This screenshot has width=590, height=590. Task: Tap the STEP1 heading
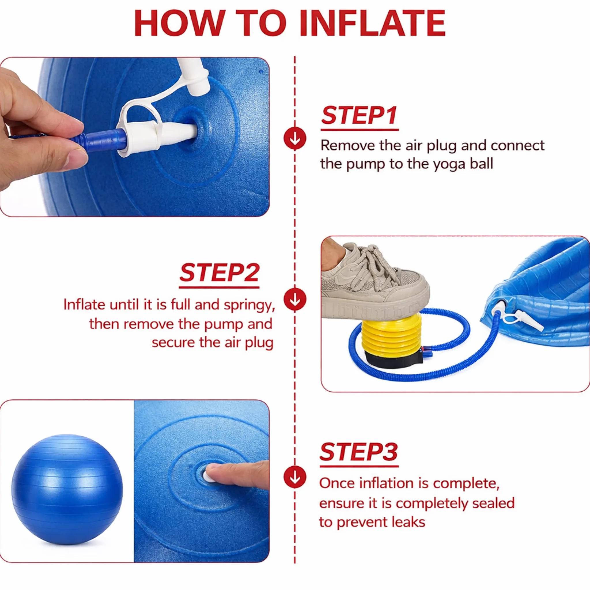point(359,115)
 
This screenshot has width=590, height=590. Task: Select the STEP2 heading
point(219,273)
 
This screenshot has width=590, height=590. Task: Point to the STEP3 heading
point(359,452)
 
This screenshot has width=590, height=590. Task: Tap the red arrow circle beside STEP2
point(295,299)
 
